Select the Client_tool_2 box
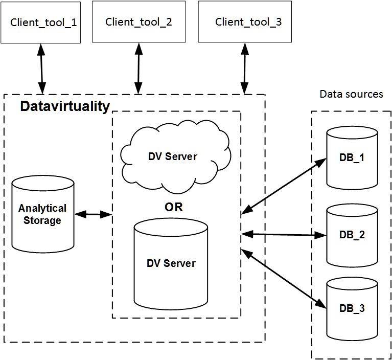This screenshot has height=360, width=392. (139, 21)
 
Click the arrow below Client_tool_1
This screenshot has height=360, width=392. (40, 69)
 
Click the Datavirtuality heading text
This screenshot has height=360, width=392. (65, 106)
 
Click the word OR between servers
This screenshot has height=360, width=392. (173, 207)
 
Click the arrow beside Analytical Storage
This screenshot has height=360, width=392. (93, 215)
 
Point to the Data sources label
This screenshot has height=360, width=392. (351, 94)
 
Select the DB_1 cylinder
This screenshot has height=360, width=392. (352, 158)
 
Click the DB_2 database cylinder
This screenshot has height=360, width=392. (352, 235)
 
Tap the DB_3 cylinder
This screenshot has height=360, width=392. (352, 308)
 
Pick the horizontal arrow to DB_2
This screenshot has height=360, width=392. (284, 235)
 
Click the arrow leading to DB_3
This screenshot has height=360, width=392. (284, 279)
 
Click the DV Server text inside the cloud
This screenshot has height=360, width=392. (172, 156)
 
